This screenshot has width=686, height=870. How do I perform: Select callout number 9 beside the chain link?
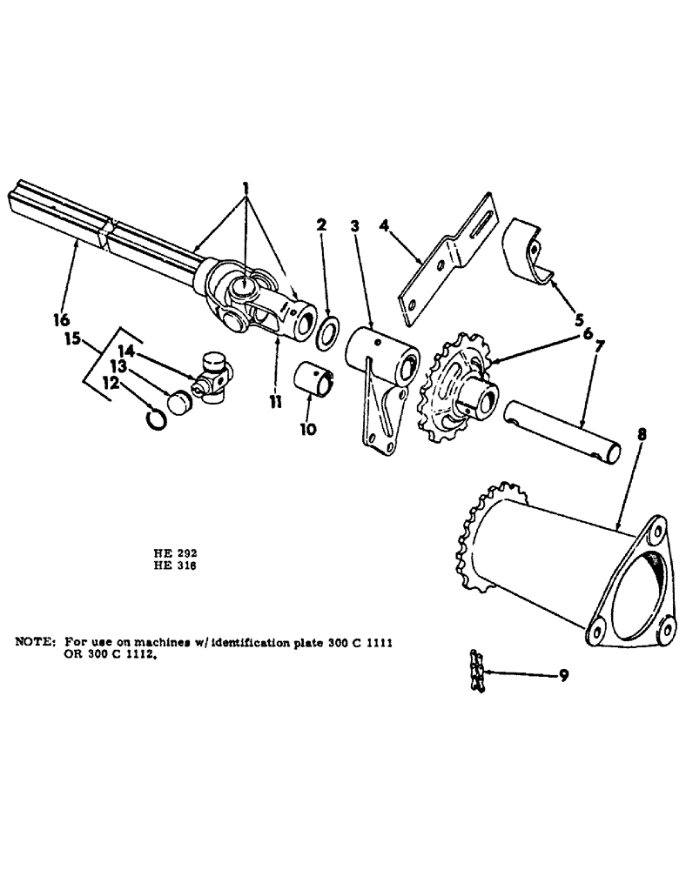[x=564, y=675]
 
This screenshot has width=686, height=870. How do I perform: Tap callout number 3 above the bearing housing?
[x=354, y=228]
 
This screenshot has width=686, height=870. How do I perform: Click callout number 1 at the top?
[x=247, y=188]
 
